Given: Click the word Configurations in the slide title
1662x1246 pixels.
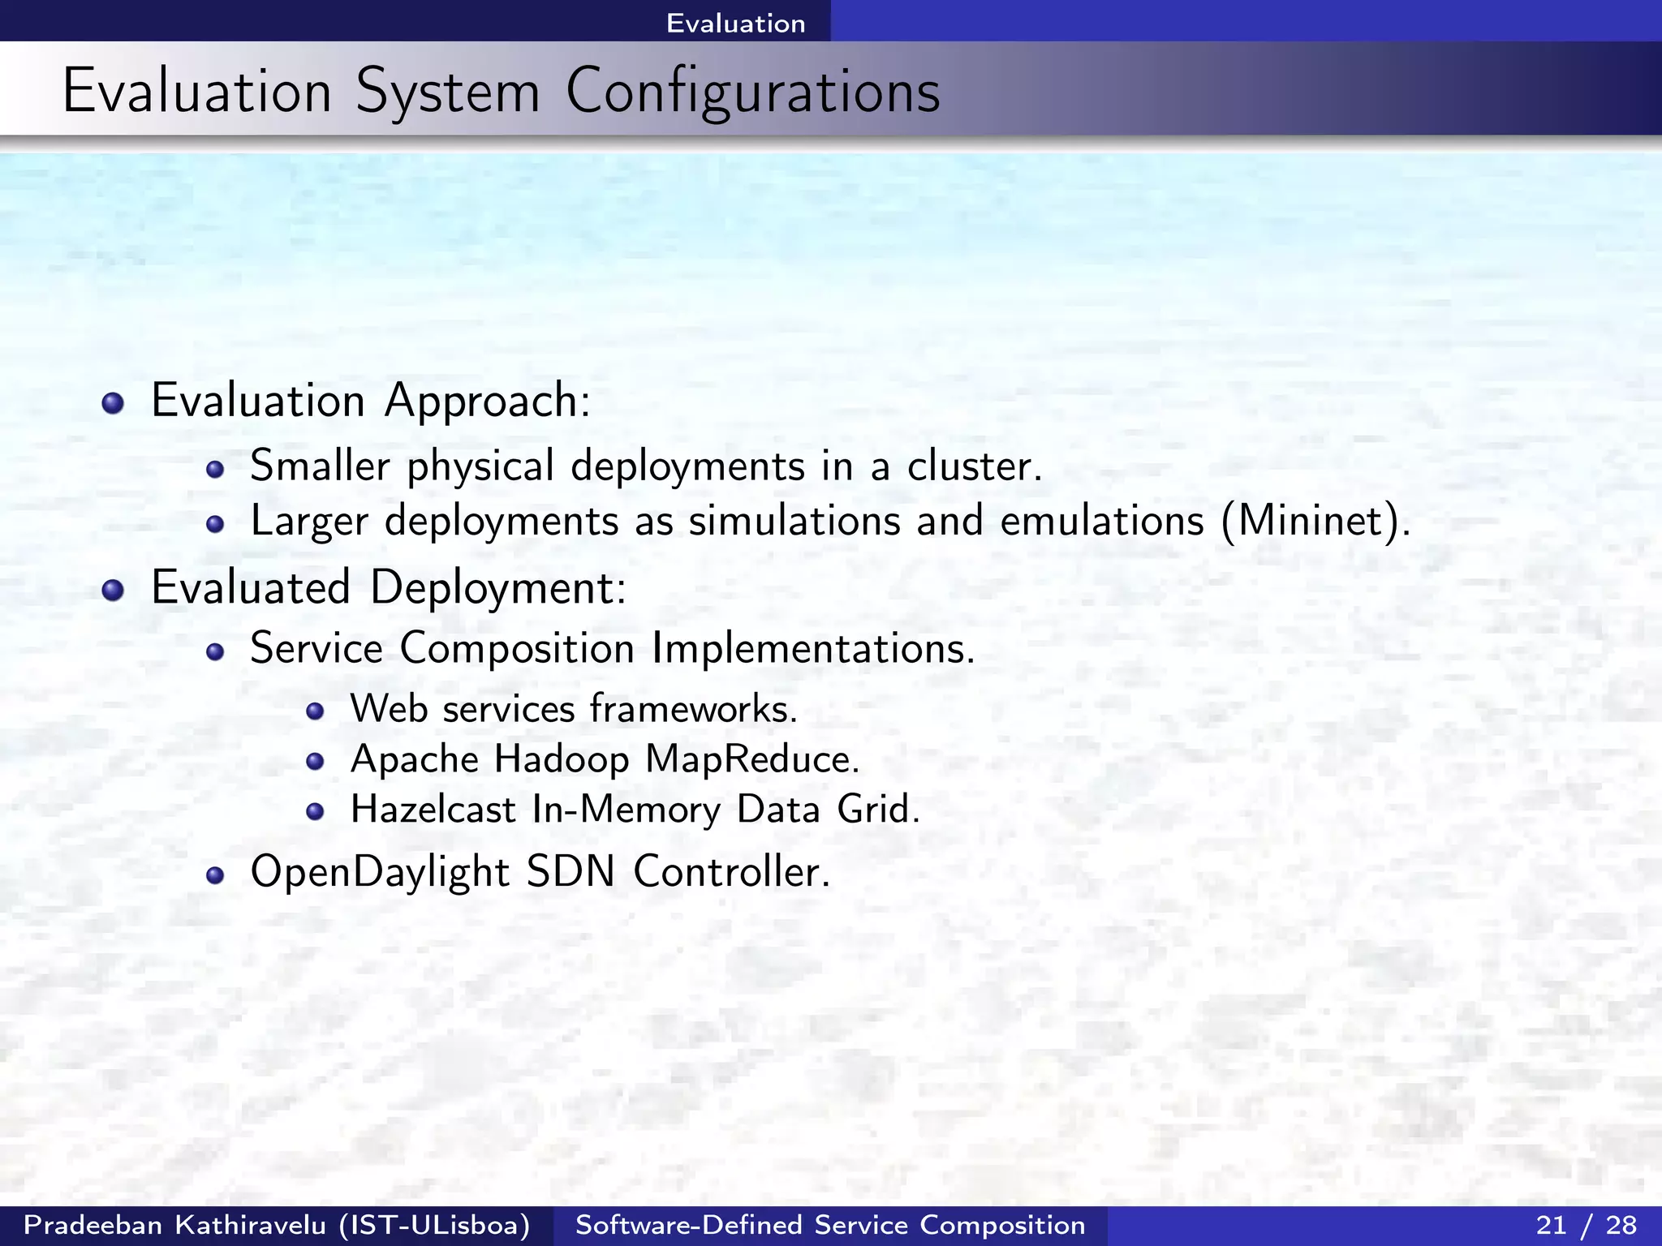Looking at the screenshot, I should [752, 92].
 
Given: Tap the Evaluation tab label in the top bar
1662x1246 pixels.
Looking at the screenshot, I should [735, 23].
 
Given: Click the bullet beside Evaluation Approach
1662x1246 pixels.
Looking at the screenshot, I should [113, 403].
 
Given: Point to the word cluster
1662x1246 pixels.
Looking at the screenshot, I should [973, 466].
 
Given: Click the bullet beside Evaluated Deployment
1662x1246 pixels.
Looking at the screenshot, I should [113, 590].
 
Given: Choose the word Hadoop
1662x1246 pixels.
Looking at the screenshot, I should [561, 760].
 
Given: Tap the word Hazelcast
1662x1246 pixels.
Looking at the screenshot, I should [433, 810].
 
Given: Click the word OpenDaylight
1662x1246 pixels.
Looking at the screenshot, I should [379, 873].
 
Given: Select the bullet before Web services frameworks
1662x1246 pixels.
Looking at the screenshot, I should [315, 712].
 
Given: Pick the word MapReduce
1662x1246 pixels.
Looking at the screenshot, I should [751, 760].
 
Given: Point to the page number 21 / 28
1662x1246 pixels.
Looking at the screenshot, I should [1586, 1225].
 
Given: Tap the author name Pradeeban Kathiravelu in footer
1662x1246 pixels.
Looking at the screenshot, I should [174, 1225].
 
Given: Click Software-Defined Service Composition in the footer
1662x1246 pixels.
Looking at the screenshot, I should [830, 1225].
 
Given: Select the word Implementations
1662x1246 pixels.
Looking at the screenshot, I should [812, 649].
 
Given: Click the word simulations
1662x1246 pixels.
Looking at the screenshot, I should [794, 521].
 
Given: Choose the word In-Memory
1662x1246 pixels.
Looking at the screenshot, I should [626, 810].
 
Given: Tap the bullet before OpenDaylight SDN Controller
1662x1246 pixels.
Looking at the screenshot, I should [214, 875].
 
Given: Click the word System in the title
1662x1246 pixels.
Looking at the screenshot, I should [448, 92].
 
